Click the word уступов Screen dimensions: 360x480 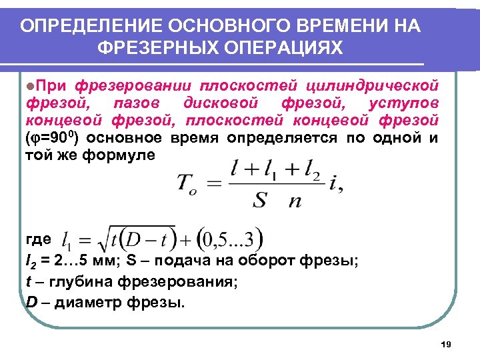click(403, 103)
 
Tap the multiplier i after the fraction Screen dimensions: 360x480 click(334, 183)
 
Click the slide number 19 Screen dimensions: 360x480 click(446, 344)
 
